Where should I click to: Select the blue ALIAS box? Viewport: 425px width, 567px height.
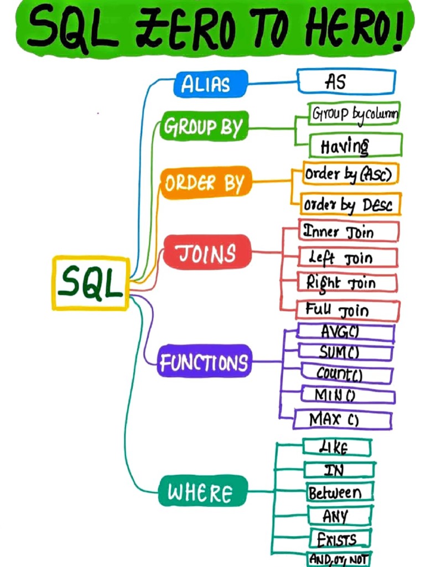205,84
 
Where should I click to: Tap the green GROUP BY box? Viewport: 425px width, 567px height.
203,127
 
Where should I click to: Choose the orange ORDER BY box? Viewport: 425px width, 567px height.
205,183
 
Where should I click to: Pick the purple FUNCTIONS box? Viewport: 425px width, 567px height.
204,362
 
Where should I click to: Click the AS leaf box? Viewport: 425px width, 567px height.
346,82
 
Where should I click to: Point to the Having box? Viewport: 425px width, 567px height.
355,146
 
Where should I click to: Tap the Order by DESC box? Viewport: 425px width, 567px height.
350,205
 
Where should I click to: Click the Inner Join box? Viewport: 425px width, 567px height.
349,231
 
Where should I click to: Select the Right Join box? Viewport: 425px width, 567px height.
348,282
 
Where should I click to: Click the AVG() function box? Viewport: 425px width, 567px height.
345,332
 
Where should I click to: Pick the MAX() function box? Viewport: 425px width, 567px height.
342,419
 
